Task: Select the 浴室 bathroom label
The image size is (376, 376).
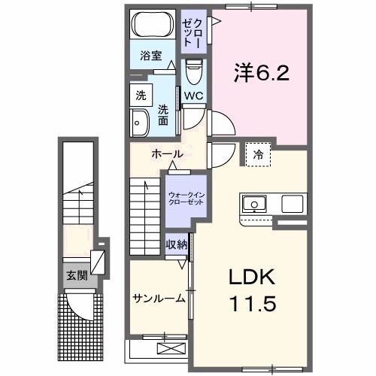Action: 151,55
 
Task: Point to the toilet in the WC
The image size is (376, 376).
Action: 193,74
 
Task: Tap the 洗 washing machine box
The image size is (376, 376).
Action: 140,96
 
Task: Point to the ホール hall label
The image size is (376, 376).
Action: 166,154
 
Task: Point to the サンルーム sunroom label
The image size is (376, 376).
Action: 159,299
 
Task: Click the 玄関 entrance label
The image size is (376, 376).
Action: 76,275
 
